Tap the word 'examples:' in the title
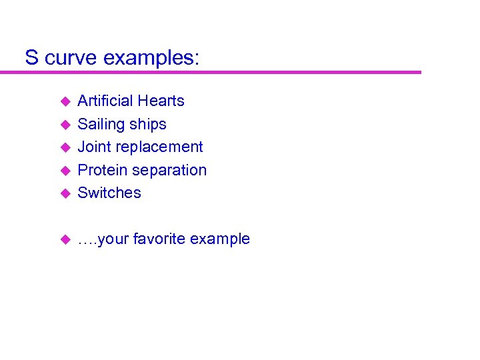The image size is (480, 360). click(151, 59)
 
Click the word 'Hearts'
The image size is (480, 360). click(162, 101)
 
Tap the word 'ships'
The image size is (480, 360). click(149, 125)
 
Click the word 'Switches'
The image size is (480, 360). click(109, 193)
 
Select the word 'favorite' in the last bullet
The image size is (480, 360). click(159, 239)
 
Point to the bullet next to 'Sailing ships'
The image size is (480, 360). click(65, 125)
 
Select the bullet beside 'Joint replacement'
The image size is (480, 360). click(65, 147)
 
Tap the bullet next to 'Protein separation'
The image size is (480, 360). click(65, 171)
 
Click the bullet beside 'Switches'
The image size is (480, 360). click(65, 193)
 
